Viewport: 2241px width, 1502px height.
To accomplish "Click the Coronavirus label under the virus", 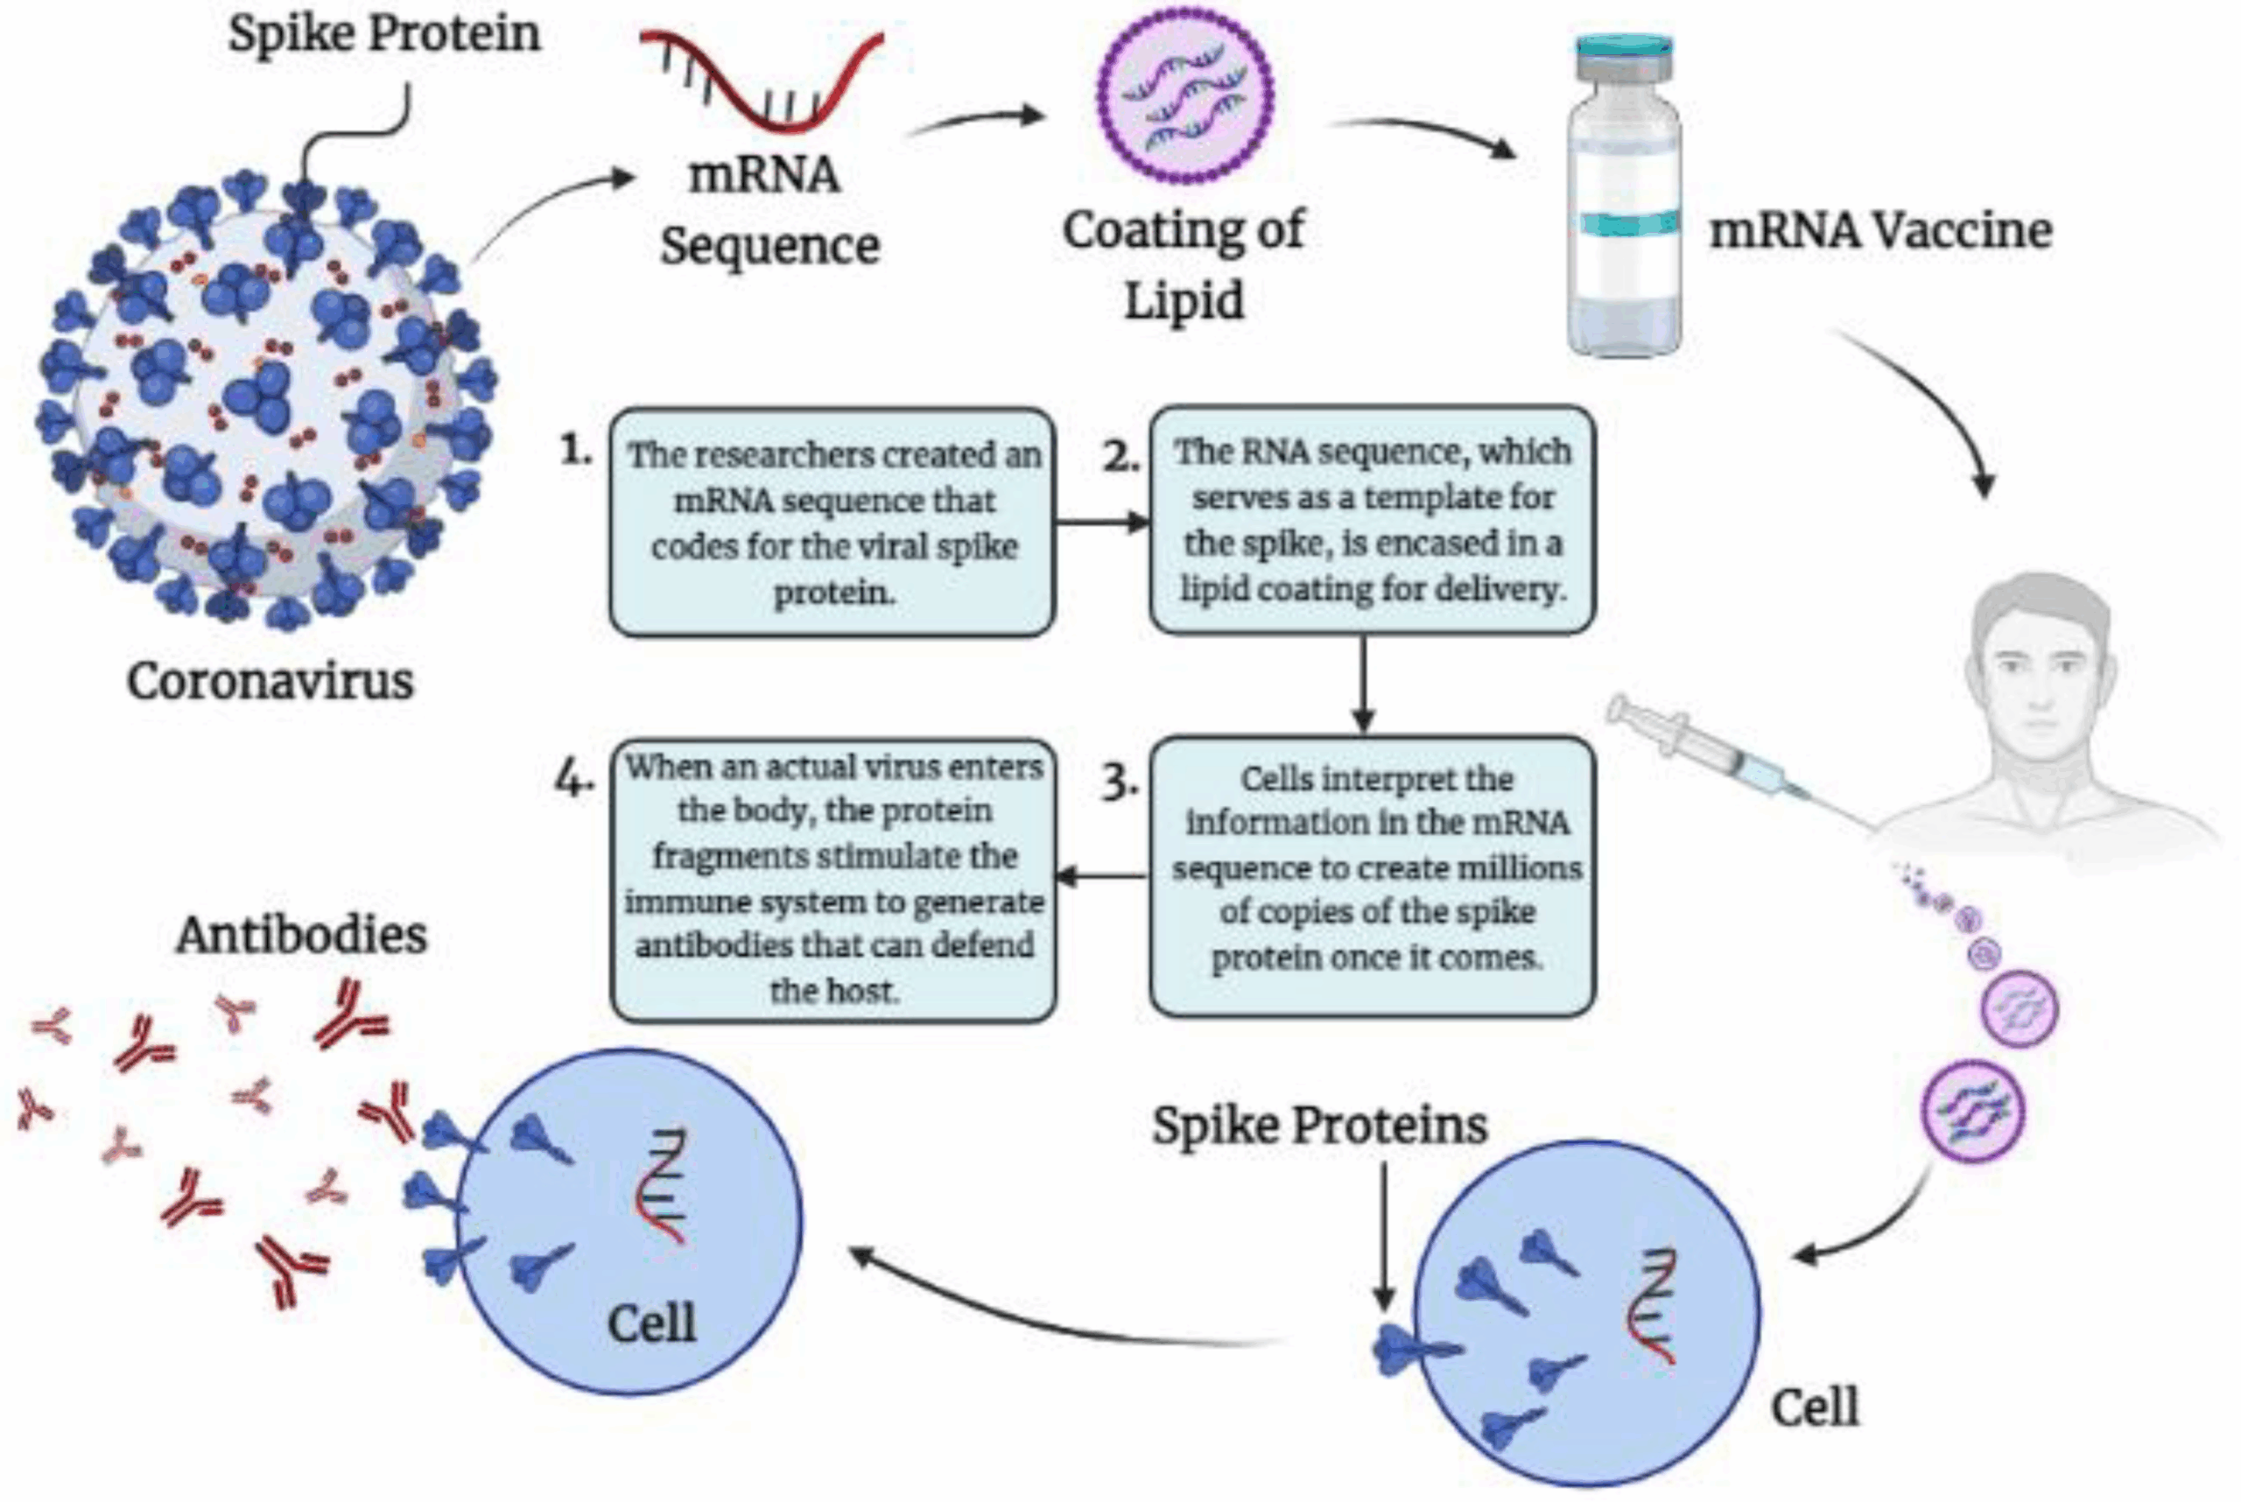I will [270, 682].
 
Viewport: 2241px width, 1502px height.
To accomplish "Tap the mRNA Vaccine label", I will [1880, 231].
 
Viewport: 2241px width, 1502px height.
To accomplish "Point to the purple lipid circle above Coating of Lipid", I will [1184, 95].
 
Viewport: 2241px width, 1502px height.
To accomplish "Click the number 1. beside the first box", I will [577, 449].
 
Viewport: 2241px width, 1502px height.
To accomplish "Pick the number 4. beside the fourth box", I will [575, 780].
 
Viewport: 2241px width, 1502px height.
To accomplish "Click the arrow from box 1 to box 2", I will [1101, 522].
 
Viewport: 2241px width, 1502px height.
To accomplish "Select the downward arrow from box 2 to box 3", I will [1363, 684].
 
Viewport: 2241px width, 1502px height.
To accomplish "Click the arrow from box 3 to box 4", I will [1101, 875].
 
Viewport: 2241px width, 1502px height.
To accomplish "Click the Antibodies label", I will [301, 935].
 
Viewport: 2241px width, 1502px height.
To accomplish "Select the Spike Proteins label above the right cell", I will [1319, 1126].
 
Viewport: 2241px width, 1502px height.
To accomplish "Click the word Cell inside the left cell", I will [651, 1325].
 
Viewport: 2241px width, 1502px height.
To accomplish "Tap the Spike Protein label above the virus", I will [384, 34].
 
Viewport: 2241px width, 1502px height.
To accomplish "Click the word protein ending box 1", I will [833, 593].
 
